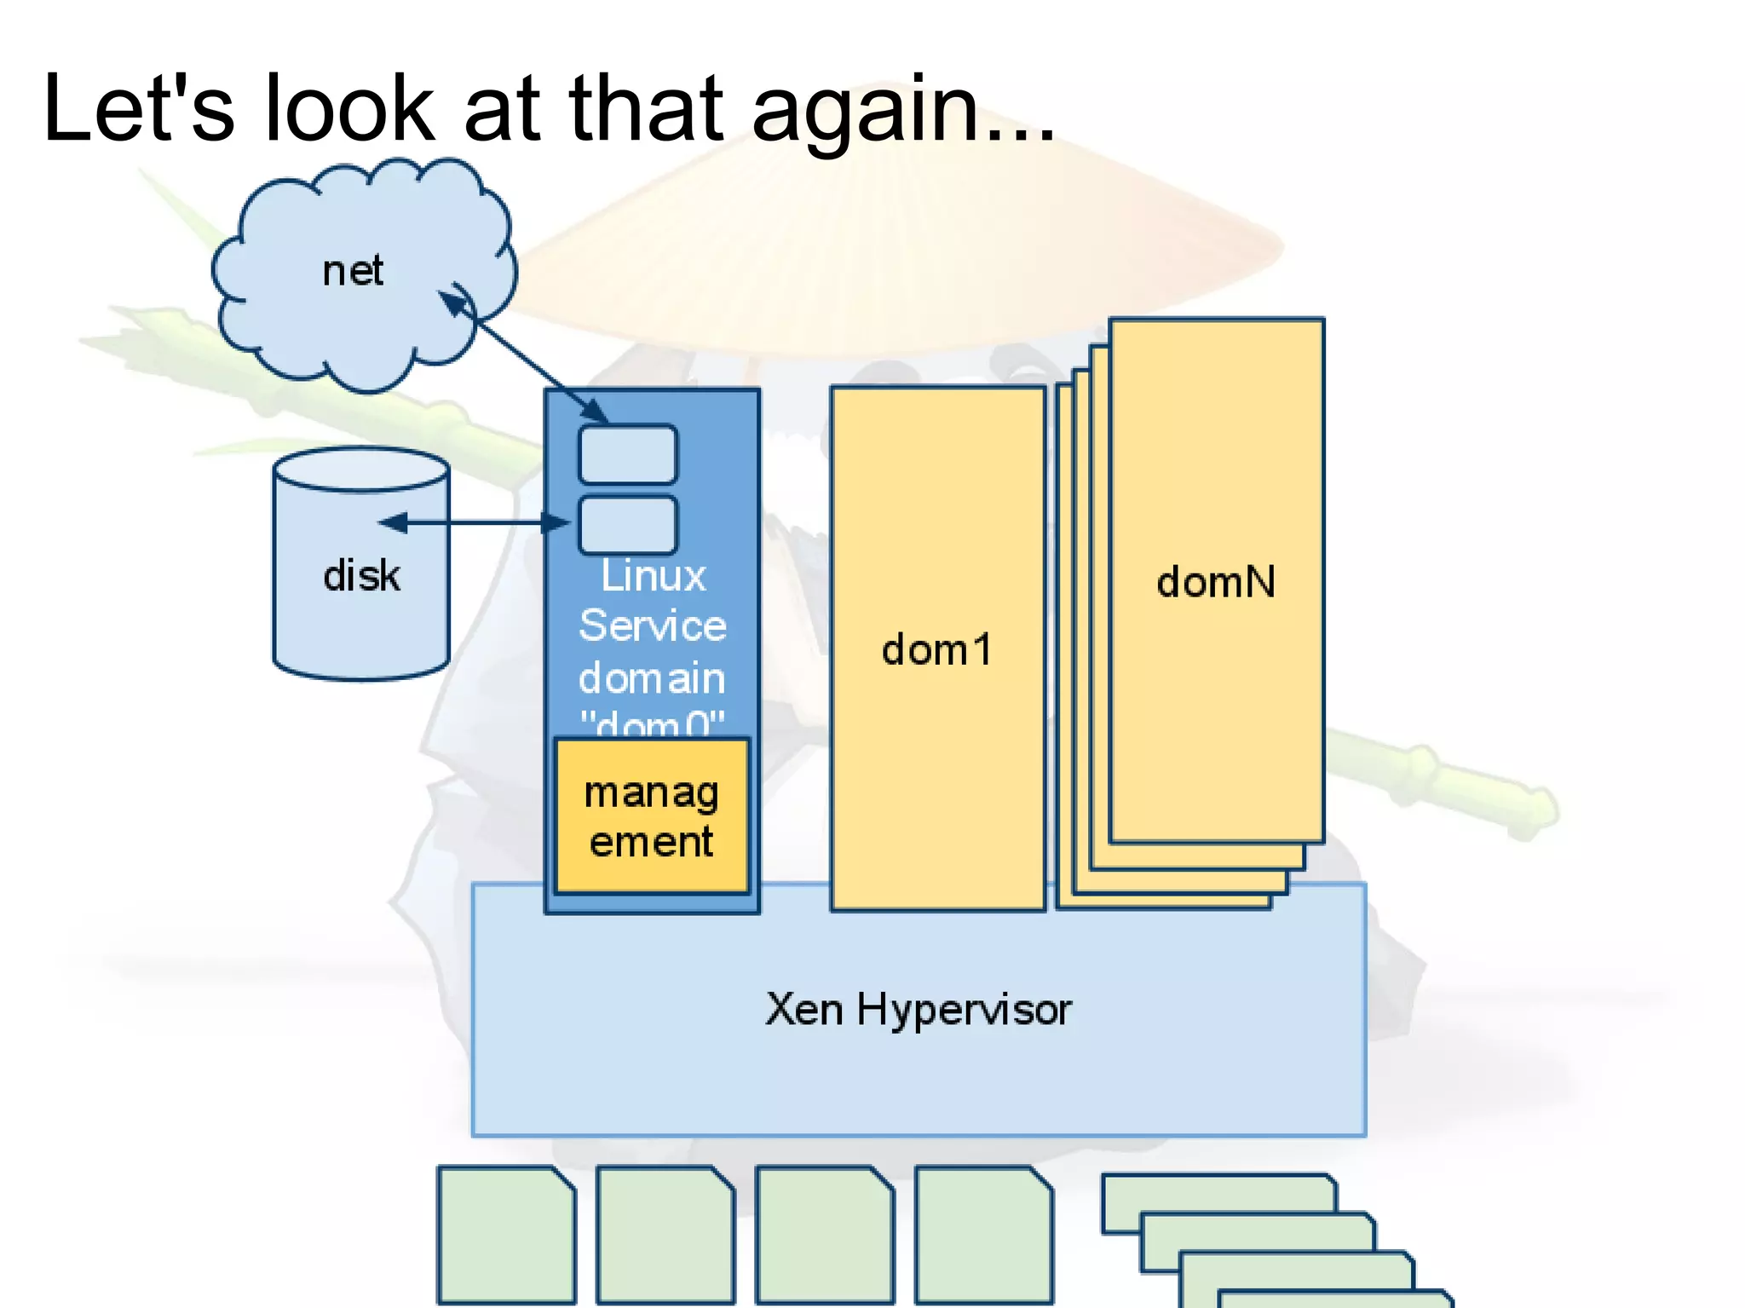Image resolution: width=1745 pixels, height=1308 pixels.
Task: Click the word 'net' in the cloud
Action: pyautogui.click(x=353, y=272)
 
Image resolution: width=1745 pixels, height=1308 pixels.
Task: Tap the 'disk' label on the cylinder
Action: pyautogui.click(x=361, y=576)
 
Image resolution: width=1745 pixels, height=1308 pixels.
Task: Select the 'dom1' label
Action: pyautogui.click(x=937, y=650)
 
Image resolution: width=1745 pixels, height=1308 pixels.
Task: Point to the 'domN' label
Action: pyautogui.click(x=1216, y=583)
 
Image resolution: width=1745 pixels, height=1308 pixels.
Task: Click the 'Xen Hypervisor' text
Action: pyautogui.click(x=919, y=1010)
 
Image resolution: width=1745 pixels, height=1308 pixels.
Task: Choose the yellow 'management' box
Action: pyautogui.click(x=652, y=816)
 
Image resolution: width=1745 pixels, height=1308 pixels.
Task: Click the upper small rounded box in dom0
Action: pyautogui.click(x=628, y=455)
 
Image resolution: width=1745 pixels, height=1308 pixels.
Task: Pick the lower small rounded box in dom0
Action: pyautogui.click(x=628, y=524)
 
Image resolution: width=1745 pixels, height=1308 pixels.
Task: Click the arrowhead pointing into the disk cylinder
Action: pyautogui.click(x=391, y=522)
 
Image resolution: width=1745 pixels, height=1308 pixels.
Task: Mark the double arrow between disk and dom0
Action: pyautogui.click(x=474, y=522)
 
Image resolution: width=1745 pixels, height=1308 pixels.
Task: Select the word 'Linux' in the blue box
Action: pyautogui.click(x=654, y=576)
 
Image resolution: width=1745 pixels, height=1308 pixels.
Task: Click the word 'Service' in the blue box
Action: pyautogui.click(x=653, y=626)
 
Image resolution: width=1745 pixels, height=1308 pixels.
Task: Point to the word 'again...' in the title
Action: pyautogui.click(x=903, y=111)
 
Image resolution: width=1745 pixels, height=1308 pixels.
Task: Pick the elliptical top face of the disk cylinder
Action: pyautogui.click(x=361, y=470)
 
